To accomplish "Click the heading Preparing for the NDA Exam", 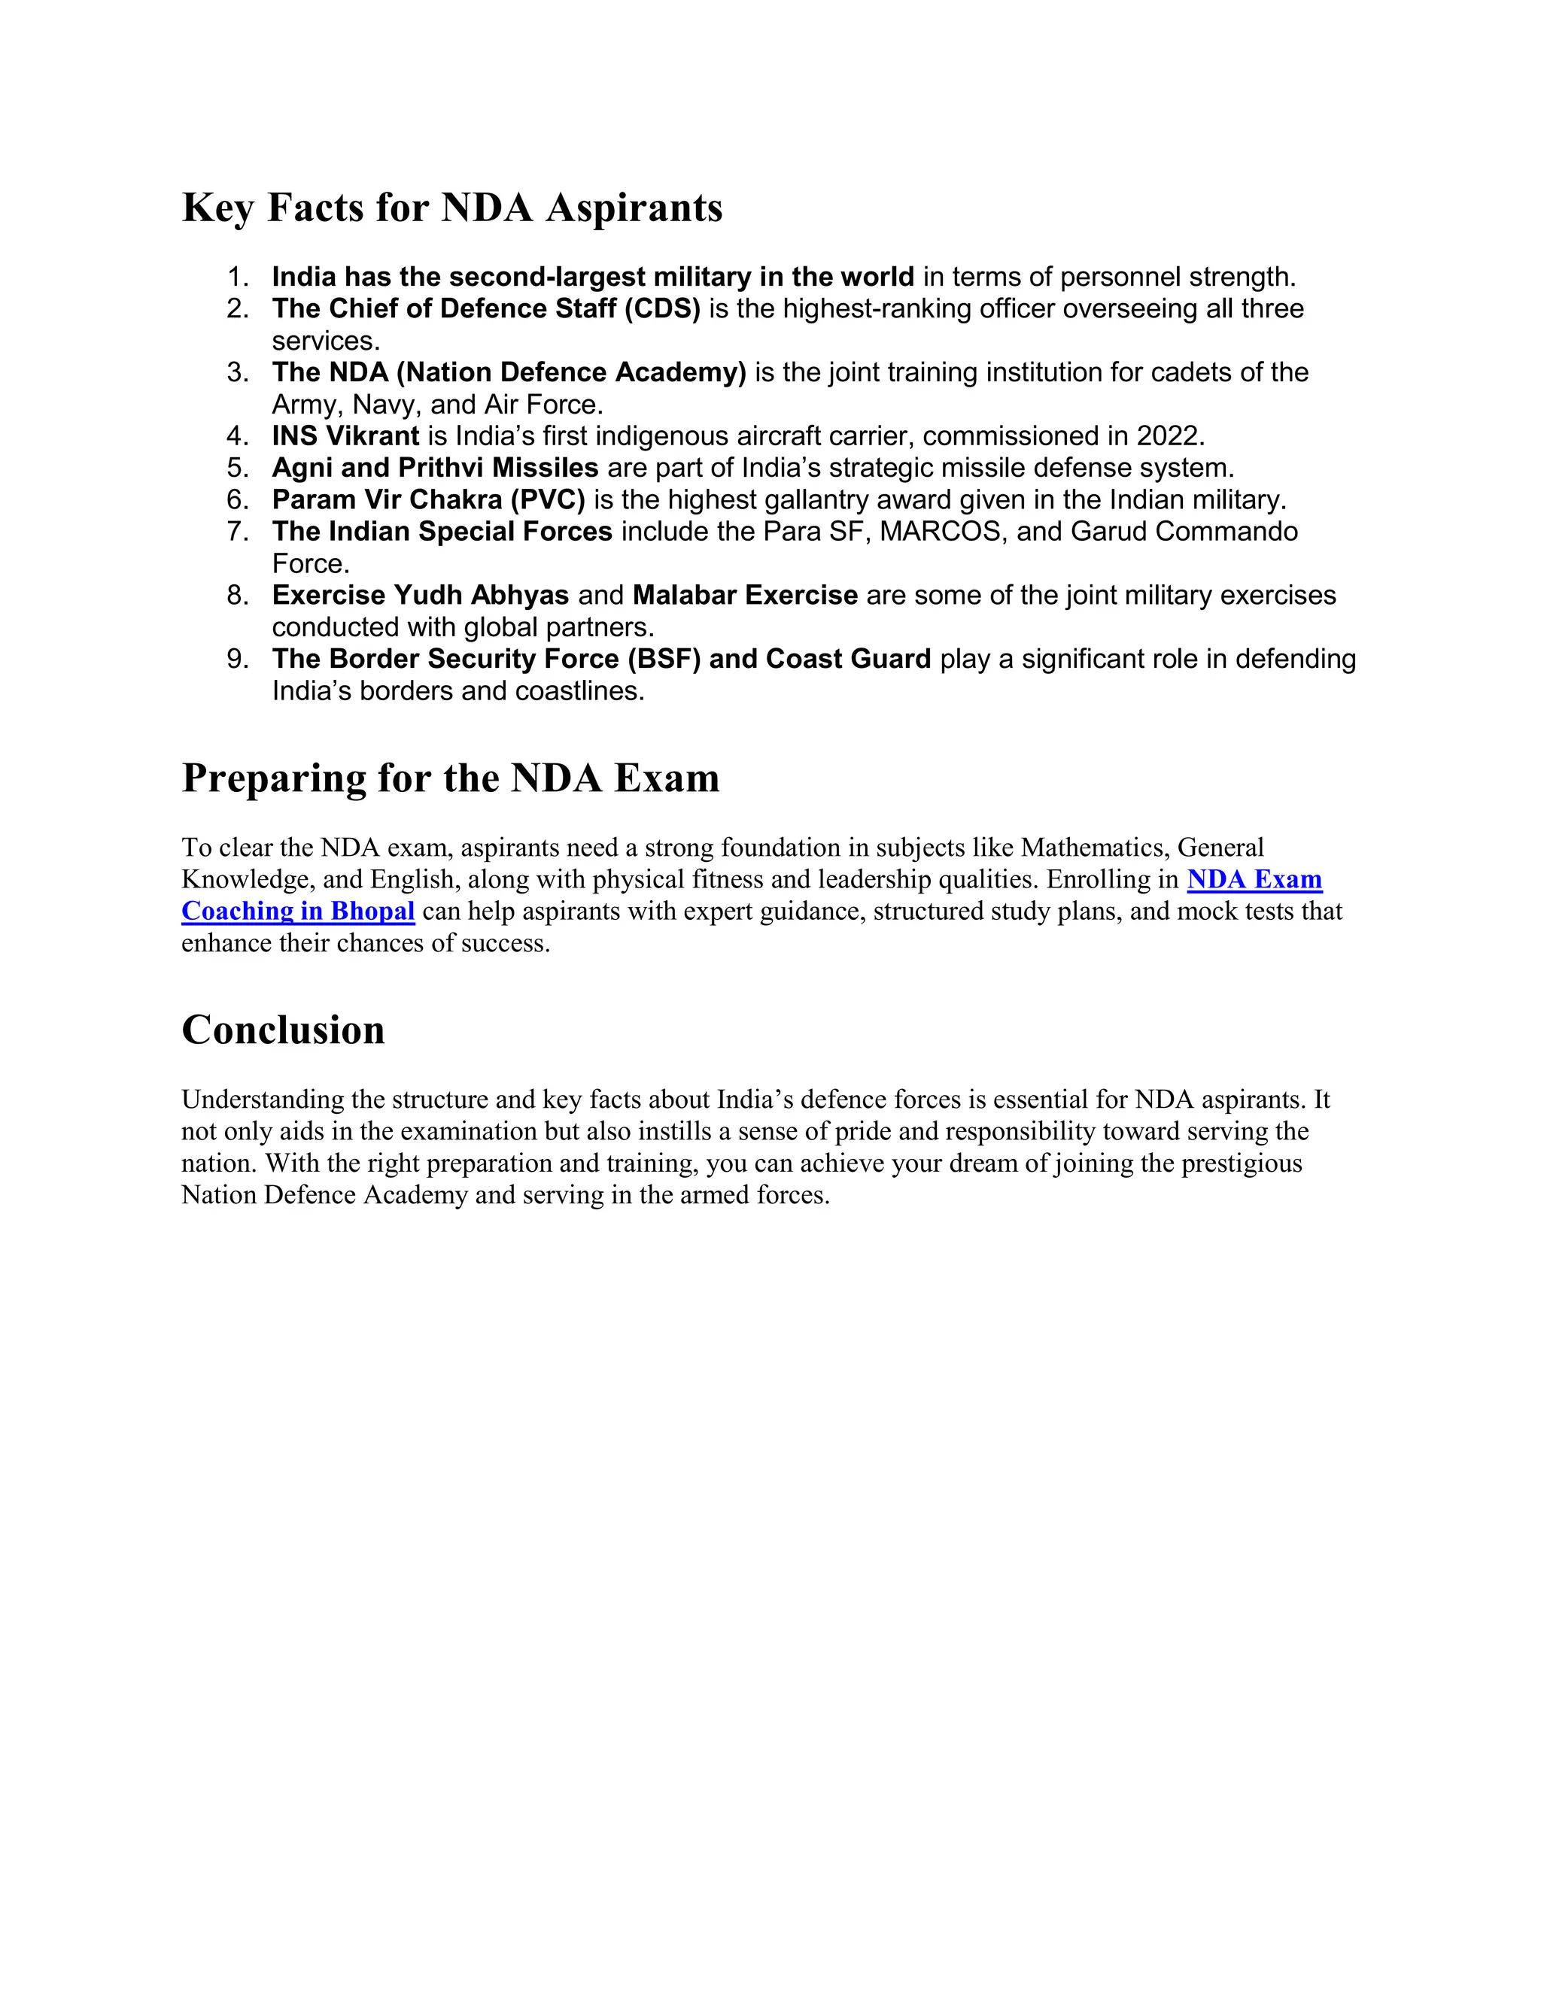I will coord(450,778).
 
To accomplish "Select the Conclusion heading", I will coord(283,1030).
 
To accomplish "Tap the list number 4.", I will coord(236,436).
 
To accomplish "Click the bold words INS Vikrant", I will coord(345,436).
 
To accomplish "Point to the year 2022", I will coord(1169,436).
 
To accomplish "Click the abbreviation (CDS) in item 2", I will coord(662,308).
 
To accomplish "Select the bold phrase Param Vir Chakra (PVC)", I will coord(428,500).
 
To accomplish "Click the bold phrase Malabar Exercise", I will coord(745,595).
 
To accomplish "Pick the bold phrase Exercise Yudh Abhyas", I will coord(420,595).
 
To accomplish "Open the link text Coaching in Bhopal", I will coord(298,911).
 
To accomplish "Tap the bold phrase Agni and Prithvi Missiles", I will coord(435,468).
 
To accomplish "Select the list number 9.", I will coord(236,659).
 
